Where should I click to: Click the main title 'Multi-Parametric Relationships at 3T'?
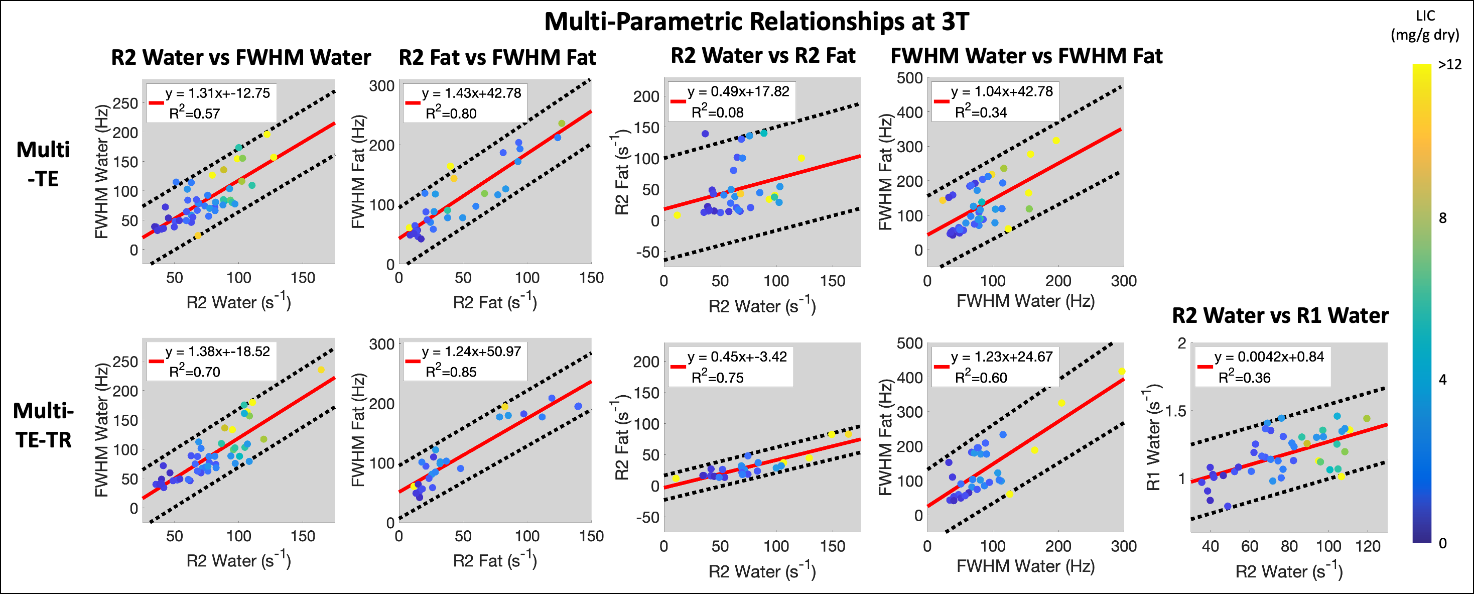click(x=756, y=22)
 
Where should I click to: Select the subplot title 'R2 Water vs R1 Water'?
click(x=1280, y=315)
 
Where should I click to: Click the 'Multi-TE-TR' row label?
click(x=44, y=425)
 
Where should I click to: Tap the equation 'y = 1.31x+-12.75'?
click(x=217, y=93)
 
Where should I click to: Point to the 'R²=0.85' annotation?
click(x=451, y=372)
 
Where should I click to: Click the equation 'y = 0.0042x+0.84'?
click(x=1269, y=357)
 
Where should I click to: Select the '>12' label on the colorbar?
click(x=1449, y=65)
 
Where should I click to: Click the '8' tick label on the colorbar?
click(x=1442, y=218)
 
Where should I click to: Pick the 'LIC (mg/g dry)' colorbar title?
click(x=1425, y=26)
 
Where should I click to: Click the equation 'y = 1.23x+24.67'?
click(x=1001, y=357)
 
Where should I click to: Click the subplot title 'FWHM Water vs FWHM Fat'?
click(x=1026, y=56)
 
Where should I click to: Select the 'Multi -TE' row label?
click(x=43, y=164)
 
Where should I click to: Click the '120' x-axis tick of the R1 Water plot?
click(x=1368, y=546)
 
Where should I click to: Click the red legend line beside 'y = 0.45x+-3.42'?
click(x=678, y=366)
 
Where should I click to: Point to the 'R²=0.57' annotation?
click(x=195, y=113)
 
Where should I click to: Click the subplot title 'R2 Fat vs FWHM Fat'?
click(x=497, y=58)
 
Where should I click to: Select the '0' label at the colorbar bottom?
click(x=1442, y=543)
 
